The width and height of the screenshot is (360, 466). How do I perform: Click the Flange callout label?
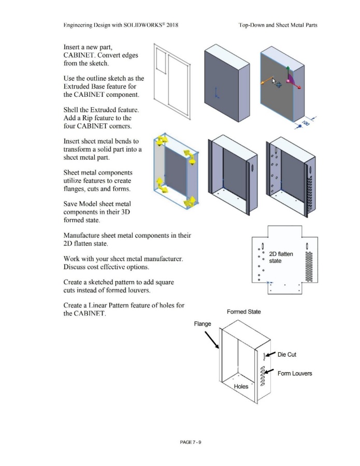click(x=203, y=324)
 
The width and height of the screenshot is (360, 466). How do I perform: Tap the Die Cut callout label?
click(x=290, y=355)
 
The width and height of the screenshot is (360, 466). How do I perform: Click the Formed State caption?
click(x=244, y=312)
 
